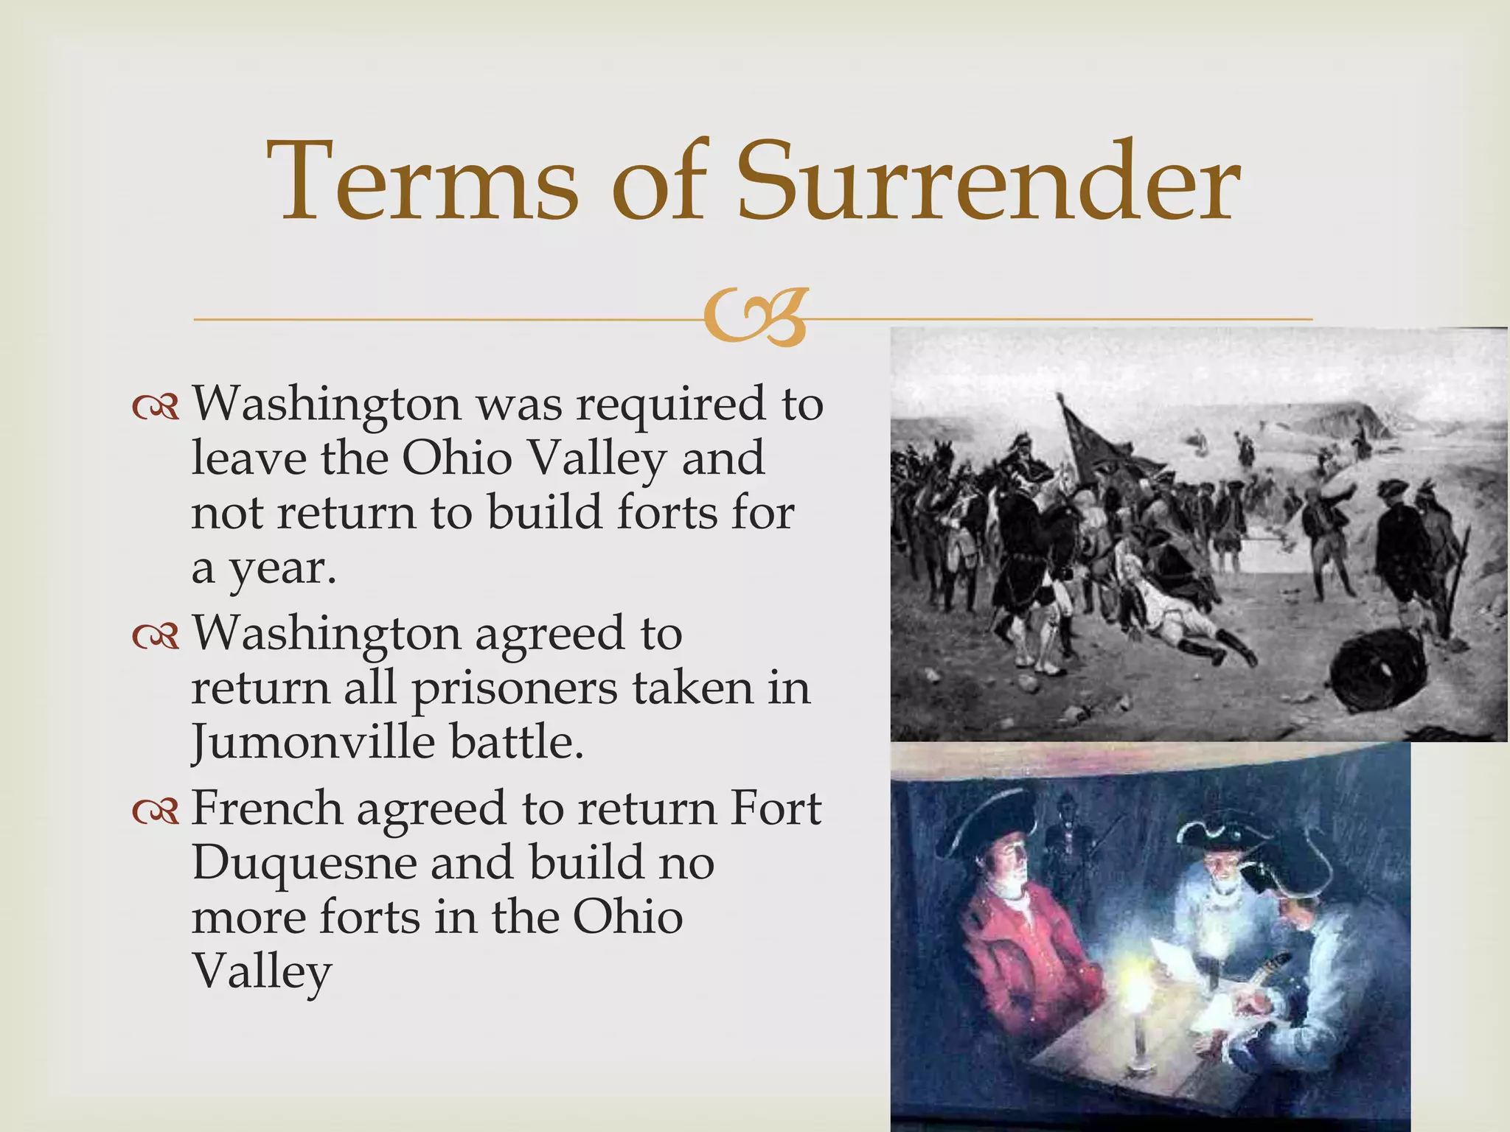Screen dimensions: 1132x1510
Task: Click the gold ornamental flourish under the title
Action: (x=754, y=319)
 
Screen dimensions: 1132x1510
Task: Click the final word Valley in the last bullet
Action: (x=261, y=973)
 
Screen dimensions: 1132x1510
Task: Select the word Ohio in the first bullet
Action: (x=456, y=459)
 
